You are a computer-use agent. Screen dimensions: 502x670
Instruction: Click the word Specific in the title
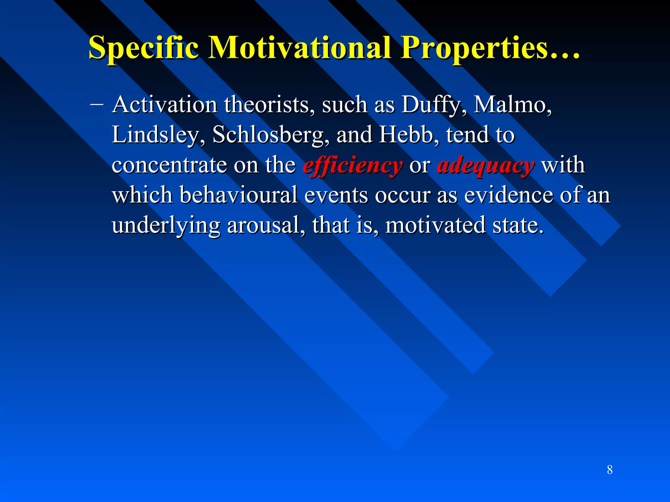143,48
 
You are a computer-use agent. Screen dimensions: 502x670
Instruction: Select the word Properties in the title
474,48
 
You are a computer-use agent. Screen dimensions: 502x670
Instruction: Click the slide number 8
609,470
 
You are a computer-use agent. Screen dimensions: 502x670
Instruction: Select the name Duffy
431,105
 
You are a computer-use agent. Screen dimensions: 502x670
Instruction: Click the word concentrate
169,165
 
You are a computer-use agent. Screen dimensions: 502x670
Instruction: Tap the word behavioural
238,195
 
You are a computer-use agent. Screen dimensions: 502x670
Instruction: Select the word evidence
508,195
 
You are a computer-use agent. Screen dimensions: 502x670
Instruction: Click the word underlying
166,226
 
